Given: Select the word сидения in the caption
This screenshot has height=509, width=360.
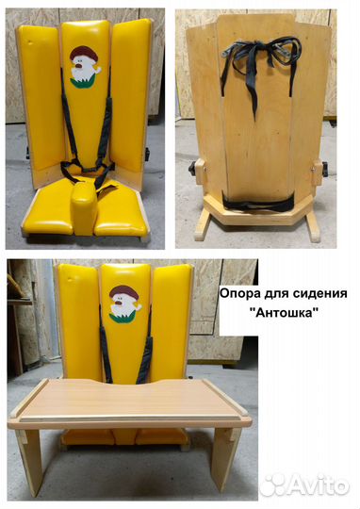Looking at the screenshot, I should [x=318, y=293].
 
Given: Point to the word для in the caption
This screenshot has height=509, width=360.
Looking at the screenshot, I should [x=277, y=293].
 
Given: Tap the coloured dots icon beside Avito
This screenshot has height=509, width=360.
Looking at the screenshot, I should [x=273, y=484].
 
